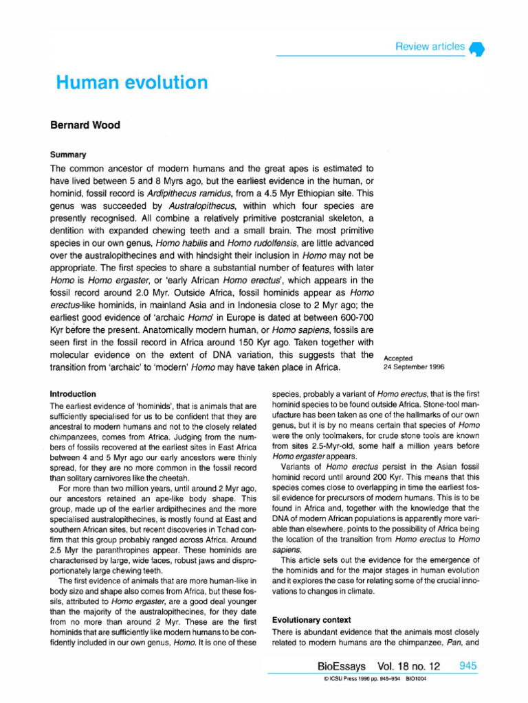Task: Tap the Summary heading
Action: [x=67, y=154]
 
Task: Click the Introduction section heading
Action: [x=74, y=394]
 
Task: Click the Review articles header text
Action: [x=429, y=47]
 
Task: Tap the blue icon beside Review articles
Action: [x=477, y=49]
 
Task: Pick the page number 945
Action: [x=467, y=667]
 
